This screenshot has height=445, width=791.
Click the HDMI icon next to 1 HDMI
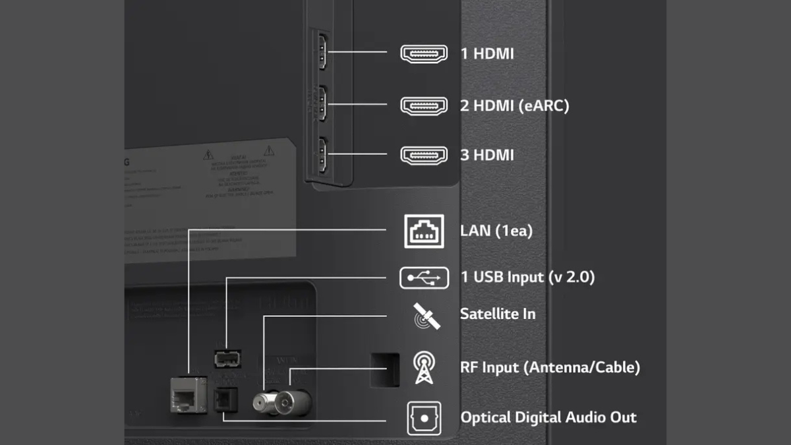point(424,53)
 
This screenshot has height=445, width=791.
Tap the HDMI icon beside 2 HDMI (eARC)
point(424,104)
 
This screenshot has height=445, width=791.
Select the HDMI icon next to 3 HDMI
point(424,156)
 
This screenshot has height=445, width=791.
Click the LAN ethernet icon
point(424,231)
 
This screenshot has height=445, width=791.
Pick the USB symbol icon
point(424,278)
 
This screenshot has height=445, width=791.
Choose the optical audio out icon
point(424,418)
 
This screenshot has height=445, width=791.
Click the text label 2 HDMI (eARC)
point(514,105)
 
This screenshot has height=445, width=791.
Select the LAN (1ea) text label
point(496,231)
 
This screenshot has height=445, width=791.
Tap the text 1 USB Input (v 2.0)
point(527,278)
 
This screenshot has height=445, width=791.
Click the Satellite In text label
point(498,314)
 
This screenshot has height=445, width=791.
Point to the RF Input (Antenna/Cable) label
point(550,367)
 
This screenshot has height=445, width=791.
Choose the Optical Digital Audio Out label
point(548,417)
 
